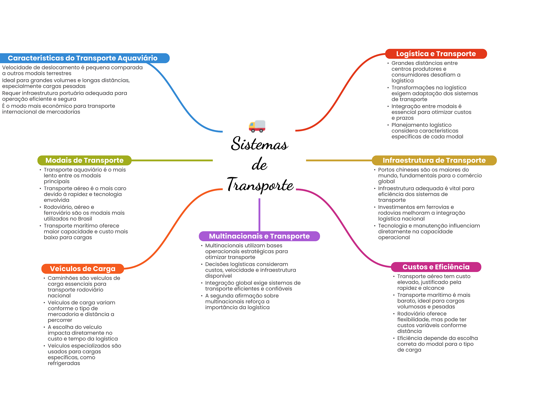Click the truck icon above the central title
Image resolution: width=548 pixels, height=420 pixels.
[257, 126]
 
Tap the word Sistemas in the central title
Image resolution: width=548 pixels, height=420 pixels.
[259, 143]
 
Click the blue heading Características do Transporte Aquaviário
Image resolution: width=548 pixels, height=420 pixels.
[83, 58]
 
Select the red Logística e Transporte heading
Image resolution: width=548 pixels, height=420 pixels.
[436, 54]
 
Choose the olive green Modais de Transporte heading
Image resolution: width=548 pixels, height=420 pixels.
[84, 160]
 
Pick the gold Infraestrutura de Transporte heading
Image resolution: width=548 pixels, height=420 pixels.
[434, 160]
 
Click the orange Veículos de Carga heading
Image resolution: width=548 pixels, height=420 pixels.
[83, 269]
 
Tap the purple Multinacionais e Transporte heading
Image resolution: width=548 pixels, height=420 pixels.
[259, 236]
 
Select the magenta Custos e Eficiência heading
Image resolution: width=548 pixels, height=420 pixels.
[436, 267]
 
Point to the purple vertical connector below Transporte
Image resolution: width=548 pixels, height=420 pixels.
[259, 215]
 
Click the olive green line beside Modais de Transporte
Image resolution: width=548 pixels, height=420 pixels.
[172, 161]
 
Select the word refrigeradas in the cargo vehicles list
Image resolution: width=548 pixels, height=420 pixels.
[64, 363]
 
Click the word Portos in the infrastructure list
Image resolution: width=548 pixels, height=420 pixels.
[386, 170]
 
